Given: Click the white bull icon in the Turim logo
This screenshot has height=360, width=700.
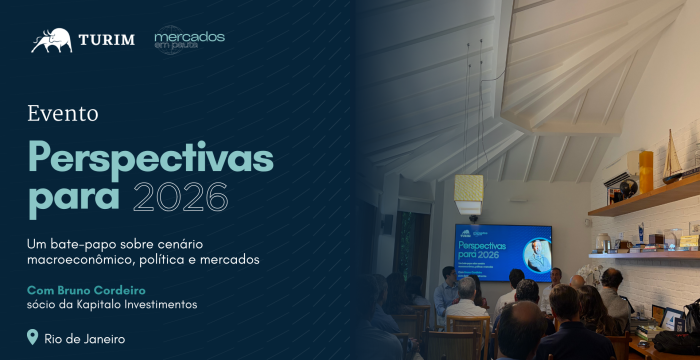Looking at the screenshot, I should pos(51,40).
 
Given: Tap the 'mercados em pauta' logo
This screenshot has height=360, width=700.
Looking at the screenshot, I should pos(189,40).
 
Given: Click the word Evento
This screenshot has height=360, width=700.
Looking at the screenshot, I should pos(62,113).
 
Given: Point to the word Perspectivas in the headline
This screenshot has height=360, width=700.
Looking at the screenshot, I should pos(150,158).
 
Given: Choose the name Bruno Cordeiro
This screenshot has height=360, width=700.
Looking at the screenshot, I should pos(108,289).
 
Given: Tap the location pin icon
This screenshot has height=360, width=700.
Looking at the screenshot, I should pos(33,338).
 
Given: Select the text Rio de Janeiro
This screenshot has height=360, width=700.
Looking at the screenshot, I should pos(85,339).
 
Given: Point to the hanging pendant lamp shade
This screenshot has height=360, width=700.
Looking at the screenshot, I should pos(468,188).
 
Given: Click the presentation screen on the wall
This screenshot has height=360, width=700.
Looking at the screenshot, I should pos(503,252).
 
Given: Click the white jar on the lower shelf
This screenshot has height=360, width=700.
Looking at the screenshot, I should pos(603,242).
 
